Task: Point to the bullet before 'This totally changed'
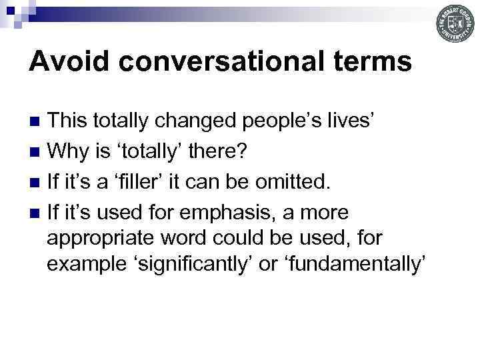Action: [38, 121]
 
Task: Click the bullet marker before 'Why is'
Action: [38, 152]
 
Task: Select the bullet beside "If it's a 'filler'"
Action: [38, 183]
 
